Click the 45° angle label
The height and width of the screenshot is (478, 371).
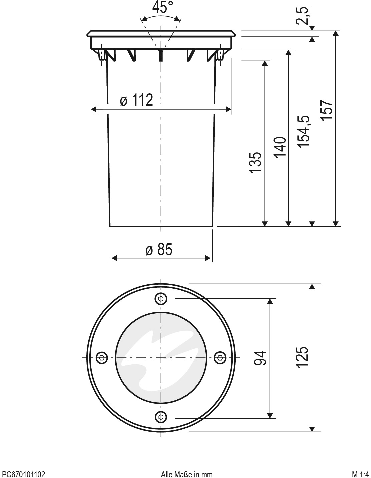pyautogui.click(x=163, y=7)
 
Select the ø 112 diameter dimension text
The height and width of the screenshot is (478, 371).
pyautogui.click(x=136, y=100)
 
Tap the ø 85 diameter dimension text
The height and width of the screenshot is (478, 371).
pyautogui.click(x=159, y=250)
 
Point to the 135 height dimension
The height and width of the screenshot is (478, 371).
pyautogui.click(x=255, y=163)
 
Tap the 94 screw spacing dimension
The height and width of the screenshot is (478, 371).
pyautogui.click(x=261, y=358)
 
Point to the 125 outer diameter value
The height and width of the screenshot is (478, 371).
pyautogui.click(x=302, y=357)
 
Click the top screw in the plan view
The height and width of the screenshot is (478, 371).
pyautogui.click(x=161, y=299)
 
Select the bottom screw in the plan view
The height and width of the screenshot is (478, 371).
pyautogui.click(x=161, y=417)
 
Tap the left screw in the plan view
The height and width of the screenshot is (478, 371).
pyautogui.click(x=102, y=357)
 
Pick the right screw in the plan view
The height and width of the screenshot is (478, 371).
pyautogui.click(x=220, y=357)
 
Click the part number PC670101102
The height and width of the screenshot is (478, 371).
pyautogui.click(x=24, y=474)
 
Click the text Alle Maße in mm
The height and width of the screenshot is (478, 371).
pyautogui.click(x=187, y=474)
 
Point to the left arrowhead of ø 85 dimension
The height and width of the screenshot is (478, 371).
pyautogui.click(x=114, y=258)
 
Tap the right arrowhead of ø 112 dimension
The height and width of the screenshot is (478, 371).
pyautogui.click(x=229, y=109)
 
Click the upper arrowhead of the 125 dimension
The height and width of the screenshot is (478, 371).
pyautogui.click(x=312, y=287)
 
